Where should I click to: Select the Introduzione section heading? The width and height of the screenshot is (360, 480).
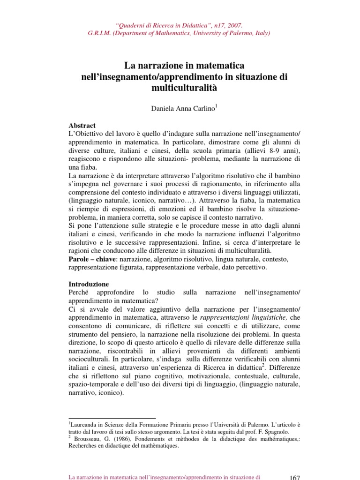[89, 284]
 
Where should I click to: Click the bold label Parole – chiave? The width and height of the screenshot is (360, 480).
[92, 259]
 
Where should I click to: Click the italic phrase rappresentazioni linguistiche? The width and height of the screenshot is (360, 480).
[247, 317]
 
